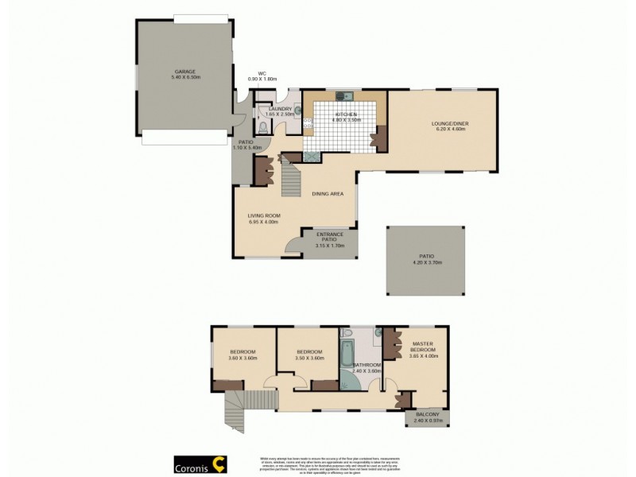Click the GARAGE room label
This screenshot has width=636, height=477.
pyautogui.click(x=184, y=72)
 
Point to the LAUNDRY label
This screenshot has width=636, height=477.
pyautogui.click(x=281, y=109)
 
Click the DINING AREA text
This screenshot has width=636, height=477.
pyautogui.click(x=328, y=193)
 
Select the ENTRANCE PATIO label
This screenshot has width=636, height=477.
pyautogui.click(x=329, y=236)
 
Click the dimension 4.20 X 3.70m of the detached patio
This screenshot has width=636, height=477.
pyautogui.click(x=427, y=262)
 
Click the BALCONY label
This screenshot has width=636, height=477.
pyautogui.click(x=427, y=414)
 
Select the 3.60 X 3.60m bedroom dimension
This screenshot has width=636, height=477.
pyautogui.click(x=242, y=359)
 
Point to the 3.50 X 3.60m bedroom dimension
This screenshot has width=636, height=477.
pyautogui.click(x=308, y=359)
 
